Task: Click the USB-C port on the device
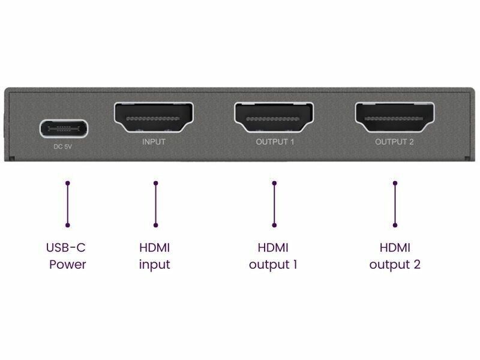click(64, 128)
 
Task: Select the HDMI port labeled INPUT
click(154, 118)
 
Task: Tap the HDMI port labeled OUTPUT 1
click(274, 118)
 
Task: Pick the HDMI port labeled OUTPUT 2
click(395, 118)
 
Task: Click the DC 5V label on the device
click(63, 146)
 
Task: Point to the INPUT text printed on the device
click(154, 142)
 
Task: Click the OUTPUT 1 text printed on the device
click(275, 142)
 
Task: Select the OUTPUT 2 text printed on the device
click(394, 142)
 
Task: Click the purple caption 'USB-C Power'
click(66, 256)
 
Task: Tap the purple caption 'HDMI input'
click(155, 257)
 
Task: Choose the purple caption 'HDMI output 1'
click(274, 257)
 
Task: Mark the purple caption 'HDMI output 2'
click(395, 257)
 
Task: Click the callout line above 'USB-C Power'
click(68, 204)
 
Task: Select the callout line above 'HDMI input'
click(156, 204)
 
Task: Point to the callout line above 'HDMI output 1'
click(274, 204)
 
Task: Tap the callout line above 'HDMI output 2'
click(395, 204)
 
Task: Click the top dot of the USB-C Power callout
click(68, 183)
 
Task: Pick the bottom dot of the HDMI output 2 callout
click(395, 226)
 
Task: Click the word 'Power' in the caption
click(68, 265)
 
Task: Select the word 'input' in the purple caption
click(155, 265)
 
